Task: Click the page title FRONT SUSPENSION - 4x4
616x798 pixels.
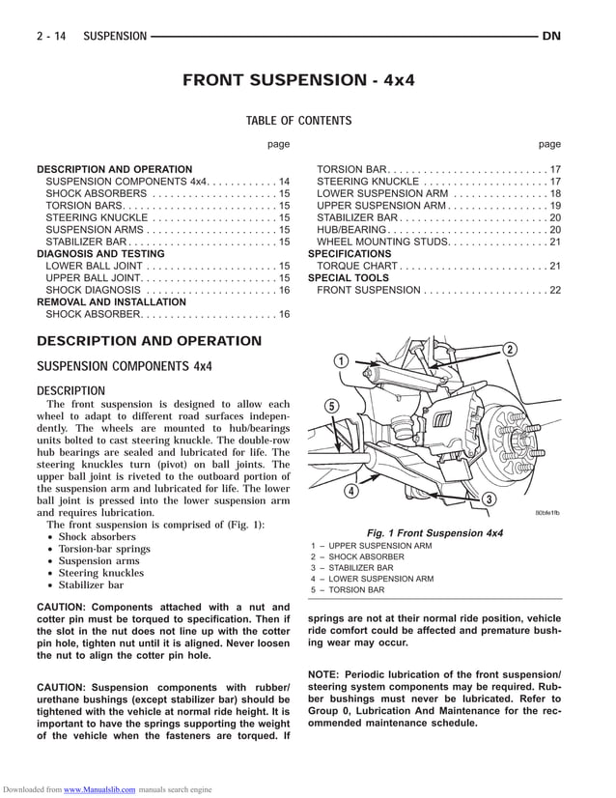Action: tap(298, 80)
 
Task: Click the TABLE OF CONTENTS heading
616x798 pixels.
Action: tap(298, 121)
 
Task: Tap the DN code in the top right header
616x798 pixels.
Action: tap(551, 37)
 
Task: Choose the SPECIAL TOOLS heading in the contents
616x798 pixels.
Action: tap(348, 277)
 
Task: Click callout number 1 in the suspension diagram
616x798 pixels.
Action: tap(341, 361)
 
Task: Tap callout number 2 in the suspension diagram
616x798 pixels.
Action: tap(509, 350)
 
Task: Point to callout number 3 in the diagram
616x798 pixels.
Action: tap(489, 499)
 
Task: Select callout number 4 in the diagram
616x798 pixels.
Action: tap(351, 491)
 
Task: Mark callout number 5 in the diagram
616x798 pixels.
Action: tap(331, 406)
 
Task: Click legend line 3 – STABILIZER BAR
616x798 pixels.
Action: tap(351, 568)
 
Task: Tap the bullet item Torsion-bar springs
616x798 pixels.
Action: tap(104, 549)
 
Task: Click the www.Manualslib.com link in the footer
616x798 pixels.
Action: tap(99, 789)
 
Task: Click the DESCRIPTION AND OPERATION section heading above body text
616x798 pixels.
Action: tap(149, 341)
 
